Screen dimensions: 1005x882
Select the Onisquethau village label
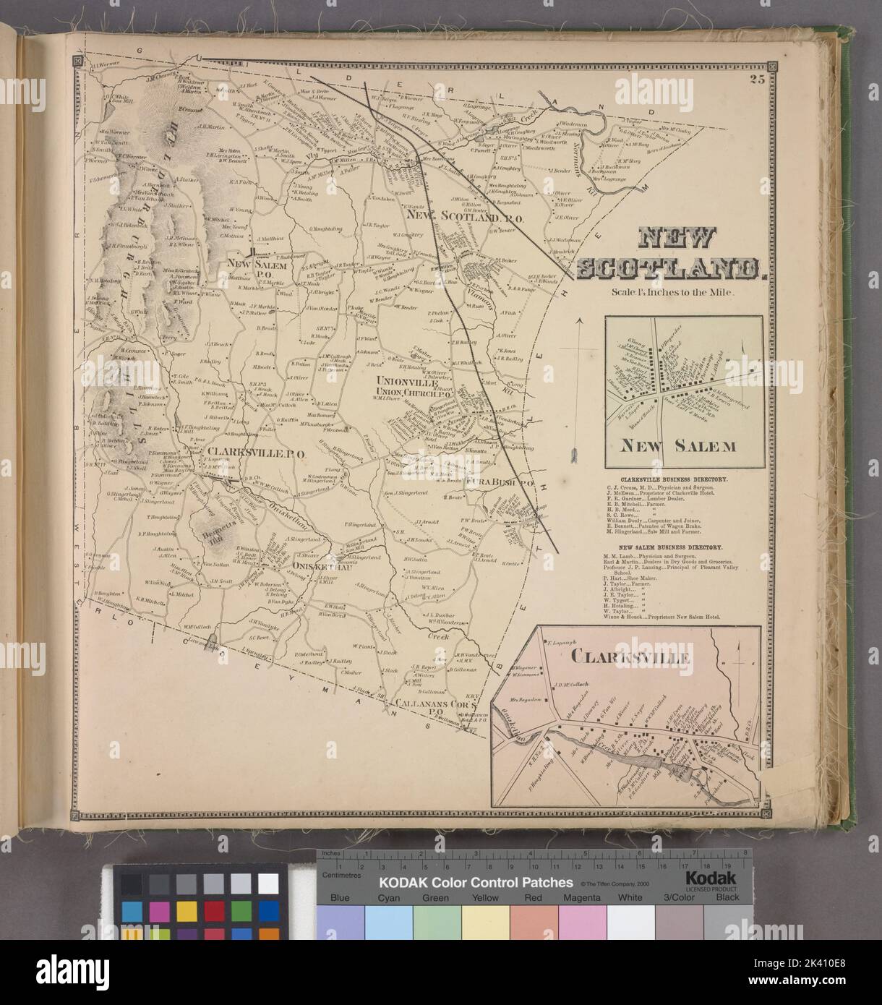[317, 566]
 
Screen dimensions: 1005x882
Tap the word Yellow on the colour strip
[486, 897]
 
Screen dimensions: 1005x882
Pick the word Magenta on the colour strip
[582, 897]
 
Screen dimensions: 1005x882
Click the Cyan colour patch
[389, 922]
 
